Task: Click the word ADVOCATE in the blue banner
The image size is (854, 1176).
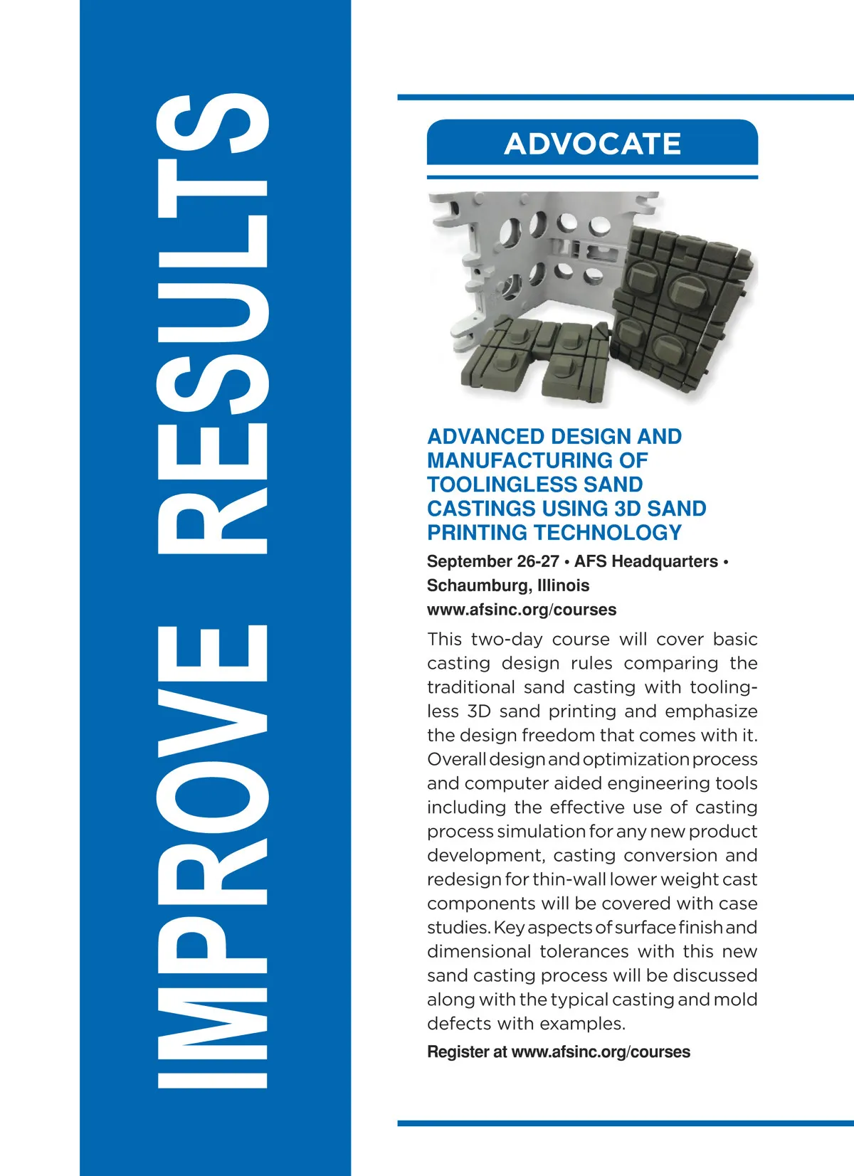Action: coord(592,144)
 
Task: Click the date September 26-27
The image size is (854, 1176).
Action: coord(492,561)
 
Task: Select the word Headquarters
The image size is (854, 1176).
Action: coord(665,561)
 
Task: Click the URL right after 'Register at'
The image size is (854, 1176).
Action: coord(601,1051)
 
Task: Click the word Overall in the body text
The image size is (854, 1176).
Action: coord(456,759)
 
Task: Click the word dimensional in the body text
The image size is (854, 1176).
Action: coord(478,951)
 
